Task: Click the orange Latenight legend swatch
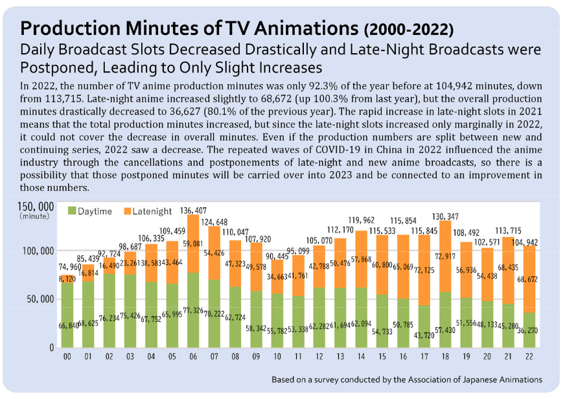point(127,211)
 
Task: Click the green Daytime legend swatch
point(72,211)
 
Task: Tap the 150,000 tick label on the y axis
point(35,207)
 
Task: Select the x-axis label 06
point(193,356)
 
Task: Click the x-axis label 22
point(529,356)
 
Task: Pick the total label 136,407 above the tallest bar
point(193,210)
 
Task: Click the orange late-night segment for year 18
point(445,256)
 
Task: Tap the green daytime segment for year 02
point(110,311)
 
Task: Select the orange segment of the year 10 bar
point(277,277)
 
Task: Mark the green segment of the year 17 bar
point(424,326)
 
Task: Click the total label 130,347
point(445,216)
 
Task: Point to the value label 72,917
point(445,256)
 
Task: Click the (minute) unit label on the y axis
point(34,216)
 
